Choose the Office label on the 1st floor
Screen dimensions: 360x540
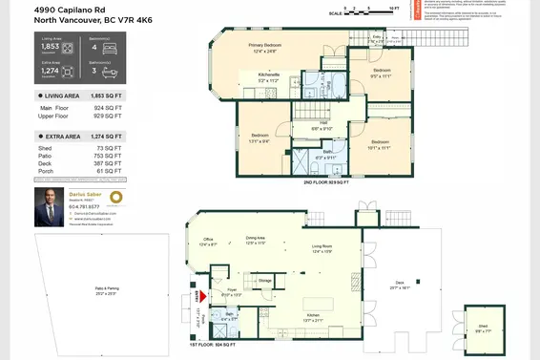point(208,242)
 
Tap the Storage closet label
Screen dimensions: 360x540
point(264,280)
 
